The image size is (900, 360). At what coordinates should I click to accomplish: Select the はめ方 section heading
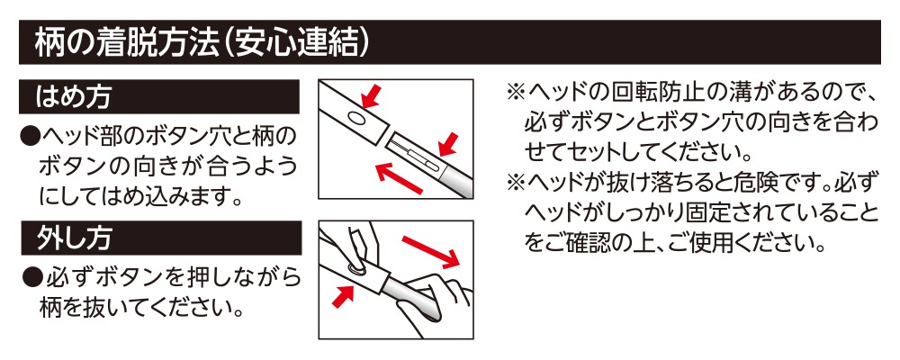pyautogui.click(x=73, y=96)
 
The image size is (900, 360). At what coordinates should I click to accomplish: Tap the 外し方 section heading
pyautogui.click(x=73, y=238)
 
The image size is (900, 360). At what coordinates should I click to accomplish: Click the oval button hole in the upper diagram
pyautogui.click(x=355, y=118)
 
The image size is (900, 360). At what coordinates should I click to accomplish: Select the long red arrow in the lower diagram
pyautogui.click(x=431, y=250)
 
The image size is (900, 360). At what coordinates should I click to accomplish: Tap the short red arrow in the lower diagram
pyautogui.click(x=344, y=295)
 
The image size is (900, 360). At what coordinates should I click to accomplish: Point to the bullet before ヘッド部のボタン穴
pyautogui.click(x=28, y=137)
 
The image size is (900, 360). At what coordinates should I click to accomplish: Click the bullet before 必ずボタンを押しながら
pyautogui.click(x=32, y=278)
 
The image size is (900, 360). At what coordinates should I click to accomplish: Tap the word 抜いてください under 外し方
pyautogui.click(x=148, y=309)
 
